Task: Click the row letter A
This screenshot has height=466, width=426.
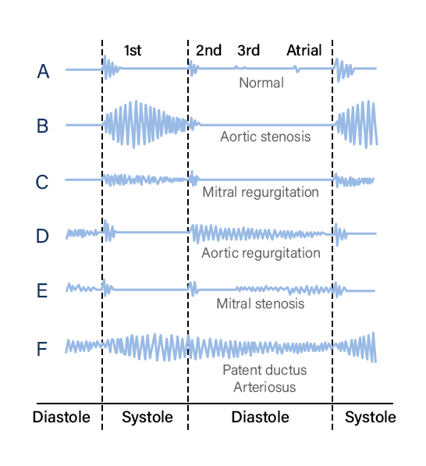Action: [43, 72]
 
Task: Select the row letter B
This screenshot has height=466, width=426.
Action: [42, 126]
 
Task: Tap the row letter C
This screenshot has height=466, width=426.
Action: [42, 182]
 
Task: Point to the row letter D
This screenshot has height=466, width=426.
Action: [42, 237]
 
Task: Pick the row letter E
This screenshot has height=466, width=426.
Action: [42, 290]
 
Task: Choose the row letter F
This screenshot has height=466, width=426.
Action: [42, 349]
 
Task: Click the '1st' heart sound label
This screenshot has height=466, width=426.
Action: [133, 51]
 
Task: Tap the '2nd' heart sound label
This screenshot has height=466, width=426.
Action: [208, 50]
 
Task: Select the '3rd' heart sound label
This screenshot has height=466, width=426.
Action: [249, 50]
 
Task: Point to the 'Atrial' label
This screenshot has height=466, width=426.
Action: [304, 50]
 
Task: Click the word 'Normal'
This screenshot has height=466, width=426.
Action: [261, 83]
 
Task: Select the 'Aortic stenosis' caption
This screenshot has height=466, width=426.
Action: [265, 137]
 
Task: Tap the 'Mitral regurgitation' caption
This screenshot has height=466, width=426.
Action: [261, 192]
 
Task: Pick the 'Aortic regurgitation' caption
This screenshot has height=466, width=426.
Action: [261, 253]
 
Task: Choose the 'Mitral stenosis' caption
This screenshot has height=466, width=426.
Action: [261, 304]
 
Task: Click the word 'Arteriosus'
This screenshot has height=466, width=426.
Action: [264, 387]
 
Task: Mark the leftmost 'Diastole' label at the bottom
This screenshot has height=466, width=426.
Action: [61, 417]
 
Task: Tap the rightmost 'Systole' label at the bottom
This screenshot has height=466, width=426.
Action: [370, 418]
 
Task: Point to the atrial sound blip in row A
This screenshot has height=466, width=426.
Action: [296, 69]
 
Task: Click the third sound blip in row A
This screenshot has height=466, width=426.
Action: [240, 68]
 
